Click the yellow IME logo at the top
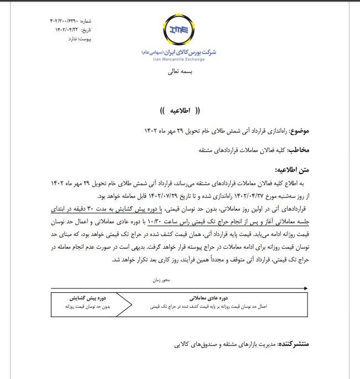(180, 30)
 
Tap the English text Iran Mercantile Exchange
(180, 59)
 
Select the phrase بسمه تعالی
(180, 73)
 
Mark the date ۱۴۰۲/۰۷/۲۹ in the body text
(184, 196)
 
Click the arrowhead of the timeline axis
(306, 288)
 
